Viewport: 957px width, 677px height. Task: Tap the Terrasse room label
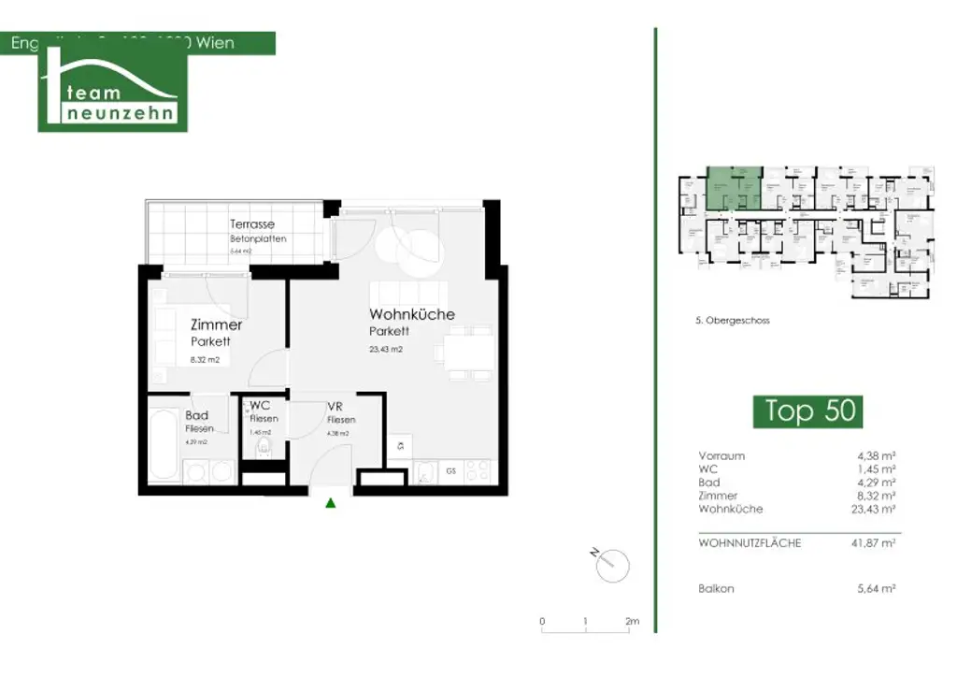click(x=252, y=224)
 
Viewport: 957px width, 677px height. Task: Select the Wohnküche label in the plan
click(x=412, y=314)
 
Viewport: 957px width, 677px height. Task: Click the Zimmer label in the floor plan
click(x=216, y=325)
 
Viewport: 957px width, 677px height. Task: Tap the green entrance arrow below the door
click(x=330, y=503)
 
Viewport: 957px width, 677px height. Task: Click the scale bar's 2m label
click(x=632, y=622)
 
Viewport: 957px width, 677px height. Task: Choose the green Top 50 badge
click(x=807, y=411)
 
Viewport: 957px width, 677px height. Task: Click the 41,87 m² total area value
click(x=877, y=542)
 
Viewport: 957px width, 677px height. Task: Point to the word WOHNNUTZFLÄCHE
click(x=750, y=542)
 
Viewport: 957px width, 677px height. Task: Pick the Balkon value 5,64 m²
click(x=877, y=589)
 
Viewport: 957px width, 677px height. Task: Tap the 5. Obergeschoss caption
click(x=733, y=321)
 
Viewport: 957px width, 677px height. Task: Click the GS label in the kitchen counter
click(x=451, y=469)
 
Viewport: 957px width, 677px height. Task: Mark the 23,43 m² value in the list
click(x=875, y=509)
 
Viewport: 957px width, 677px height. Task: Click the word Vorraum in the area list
click(x=721, y=456)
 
